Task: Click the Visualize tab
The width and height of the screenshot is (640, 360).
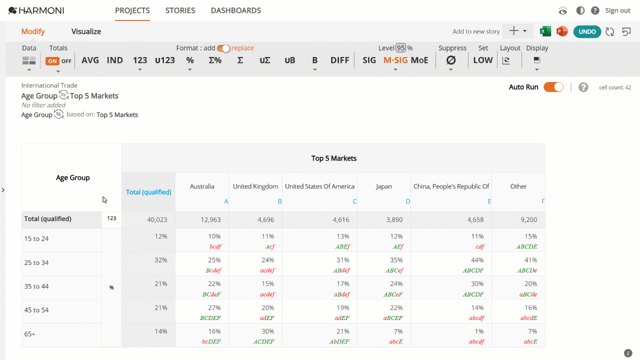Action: click(86, 31)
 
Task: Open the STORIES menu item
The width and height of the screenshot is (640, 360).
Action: click(180, 10)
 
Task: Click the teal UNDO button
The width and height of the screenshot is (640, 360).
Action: click(587, 31)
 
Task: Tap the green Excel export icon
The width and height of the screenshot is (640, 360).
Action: click(545, 31)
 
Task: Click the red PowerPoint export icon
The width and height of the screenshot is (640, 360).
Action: click(562, 31)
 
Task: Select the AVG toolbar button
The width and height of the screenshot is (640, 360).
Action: click(90, 60)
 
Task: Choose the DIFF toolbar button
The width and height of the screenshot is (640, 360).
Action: click(339, 60)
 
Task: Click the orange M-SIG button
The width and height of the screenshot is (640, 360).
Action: click(395, 60)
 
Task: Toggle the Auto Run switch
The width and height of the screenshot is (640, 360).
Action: click(553, 87)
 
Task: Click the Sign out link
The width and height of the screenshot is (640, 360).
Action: click(617, 10)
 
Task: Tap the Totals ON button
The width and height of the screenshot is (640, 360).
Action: click(52, 61)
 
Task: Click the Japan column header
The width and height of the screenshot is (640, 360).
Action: click(383, 186)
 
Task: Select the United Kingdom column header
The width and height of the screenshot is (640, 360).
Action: click(255, 186)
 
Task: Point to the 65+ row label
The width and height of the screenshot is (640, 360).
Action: click(29, 334)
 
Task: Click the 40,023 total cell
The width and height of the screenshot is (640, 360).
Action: click(157, 219)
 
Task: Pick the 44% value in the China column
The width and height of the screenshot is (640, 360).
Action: click(477, 260)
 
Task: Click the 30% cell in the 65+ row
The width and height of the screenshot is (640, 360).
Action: click(267, 331)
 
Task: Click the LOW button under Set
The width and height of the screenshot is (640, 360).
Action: click(483, 60)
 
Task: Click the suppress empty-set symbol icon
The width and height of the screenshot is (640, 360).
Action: click(451, 60)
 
